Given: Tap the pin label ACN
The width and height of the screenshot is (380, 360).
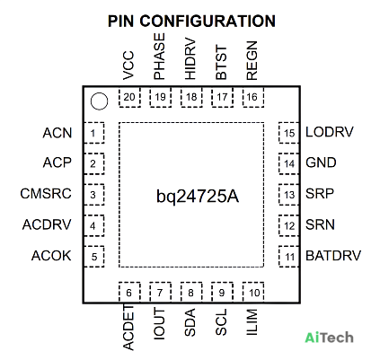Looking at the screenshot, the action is point(57,133).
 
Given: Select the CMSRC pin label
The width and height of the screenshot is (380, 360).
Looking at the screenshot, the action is point(46,193).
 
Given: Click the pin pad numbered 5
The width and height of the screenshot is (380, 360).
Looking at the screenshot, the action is point(94,257).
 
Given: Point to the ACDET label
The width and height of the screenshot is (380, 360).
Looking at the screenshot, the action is point(128,328).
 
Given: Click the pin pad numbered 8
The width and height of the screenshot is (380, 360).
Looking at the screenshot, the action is point(191,292).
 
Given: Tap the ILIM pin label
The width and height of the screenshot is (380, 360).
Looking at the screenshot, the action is point(252,321).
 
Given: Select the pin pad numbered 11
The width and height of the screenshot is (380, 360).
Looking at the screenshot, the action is point(289,257).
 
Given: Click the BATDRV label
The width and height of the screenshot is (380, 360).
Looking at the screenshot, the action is point(333,256).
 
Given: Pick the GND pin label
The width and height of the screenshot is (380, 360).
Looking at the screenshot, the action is point(321,162).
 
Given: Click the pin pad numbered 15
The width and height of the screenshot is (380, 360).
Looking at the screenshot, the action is point(289,133).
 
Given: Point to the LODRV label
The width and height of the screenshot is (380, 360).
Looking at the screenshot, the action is point(330,132).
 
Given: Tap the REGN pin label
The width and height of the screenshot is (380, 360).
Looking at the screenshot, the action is point(252,60).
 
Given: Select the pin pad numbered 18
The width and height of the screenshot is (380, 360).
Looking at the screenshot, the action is point(191,97).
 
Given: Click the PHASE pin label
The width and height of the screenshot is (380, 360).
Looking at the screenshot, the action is point(159,57).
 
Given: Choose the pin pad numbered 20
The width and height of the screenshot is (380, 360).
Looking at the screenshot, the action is point(129,97).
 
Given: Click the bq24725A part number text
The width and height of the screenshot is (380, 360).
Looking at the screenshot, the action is point(198,197).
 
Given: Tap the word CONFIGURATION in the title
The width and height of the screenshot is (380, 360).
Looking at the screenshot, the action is point(208,22).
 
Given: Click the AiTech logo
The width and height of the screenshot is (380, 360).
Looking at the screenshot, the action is point(329,338).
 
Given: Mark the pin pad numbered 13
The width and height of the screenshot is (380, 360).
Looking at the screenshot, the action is point(289,195).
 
